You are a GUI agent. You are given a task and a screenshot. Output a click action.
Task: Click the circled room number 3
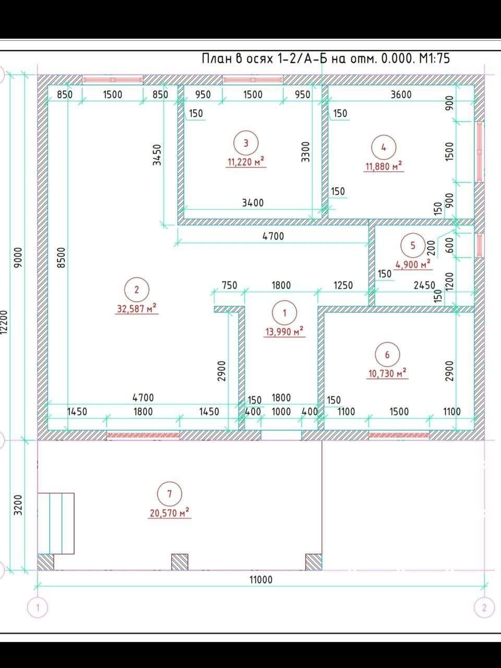pos(246,143)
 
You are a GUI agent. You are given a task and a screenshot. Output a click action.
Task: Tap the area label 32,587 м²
pos(137,308)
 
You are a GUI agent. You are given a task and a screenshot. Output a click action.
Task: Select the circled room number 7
pos(170,494)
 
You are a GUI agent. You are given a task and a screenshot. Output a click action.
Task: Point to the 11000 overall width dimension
pos(261,580)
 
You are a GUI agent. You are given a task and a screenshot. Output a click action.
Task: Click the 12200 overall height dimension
pos(4,323)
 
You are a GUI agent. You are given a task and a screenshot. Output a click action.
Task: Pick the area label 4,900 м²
pos(413,265)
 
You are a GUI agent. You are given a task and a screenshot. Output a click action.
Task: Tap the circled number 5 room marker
pos(413,245)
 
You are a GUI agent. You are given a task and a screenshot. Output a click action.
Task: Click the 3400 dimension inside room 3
pos(253,202)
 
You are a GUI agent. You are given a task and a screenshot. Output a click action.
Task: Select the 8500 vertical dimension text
pos(62,257)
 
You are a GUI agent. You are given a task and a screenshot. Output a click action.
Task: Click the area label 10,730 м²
pos(387,374)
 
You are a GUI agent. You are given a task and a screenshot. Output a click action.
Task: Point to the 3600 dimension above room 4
pos(401,94)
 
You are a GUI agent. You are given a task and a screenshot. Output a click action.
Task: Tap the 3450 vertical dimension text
pos(157,154)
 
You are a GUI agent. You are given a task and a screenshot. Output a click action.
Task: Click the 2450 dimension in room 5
pos(424,285)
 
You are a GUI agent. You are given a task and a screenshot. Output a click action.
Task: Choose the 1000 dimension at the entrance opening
pos(281,412)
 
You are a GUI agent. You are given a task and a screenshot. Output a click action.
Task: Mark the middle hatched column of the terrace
pos(180,562)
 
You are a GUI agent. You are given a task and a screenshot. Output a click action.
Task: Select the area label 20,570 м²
pos(170,513)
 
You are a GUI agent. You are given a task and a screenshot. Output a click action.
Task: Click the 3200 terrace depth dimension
pos(19,505)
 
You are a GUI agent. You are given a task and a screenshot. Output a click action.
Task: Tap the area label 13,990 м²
pos(284,331)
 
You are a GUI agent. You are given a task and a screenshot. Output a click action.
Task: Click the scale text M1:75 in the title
pos(434,58)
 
